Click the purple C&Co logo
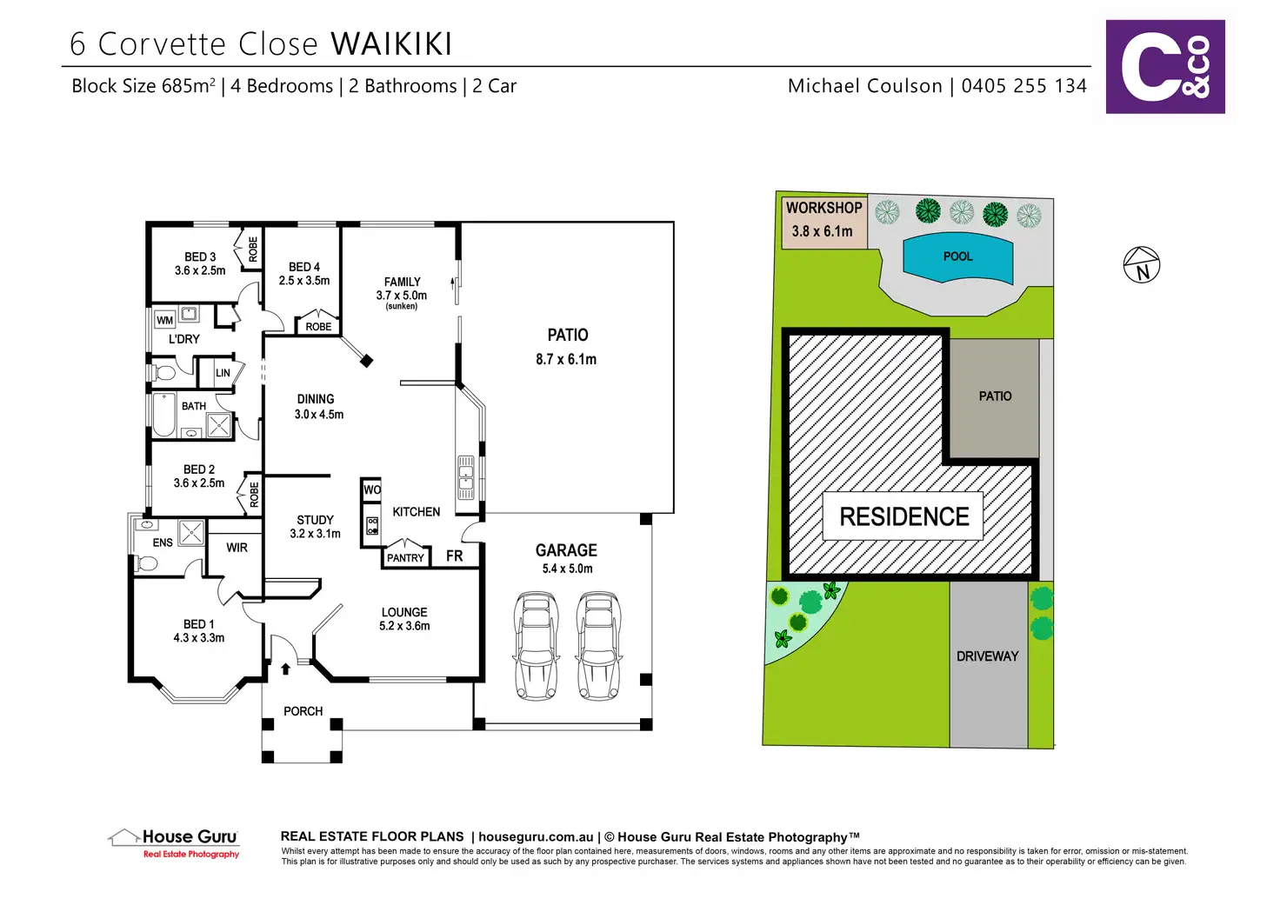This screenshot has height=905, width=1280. coord(1164,67)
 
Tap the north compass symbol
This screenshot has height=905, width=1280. coord(1142,264)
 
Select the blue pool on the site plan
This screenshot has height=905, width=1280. coord(957,258)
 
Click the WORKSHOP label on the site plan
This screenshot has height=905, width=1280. coord(823,208)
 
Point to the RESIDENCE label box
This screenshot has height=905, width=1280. coord(903,516)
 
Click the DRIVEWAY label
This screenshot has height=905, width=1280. coord(987,656)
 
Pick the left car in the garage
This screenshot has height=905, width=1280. coord(536,644)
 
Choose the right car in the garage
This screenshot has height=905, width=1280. coord(597,644)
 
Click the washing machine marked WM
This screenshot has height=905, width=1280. coord(164,320)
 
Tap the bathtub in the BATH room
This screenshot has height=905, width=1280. coord(164,416)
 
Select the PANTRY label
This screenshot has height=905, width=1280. coord(405,558)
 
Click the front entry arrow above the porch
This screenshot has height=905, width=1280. coord(285,669)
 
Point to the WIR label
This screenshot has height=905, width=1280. coord(237,548)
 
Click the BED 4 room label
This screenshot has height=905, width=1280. coord(304,267)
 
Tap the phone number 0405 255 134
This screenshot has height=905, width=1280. coord(1023,86)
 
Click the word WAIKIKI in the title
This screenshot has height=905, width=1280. coord(391,44)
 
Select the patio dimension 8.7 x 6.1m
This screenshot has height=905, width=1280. coord(566,359)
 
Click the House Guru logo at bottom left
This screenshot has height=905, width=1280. coord(175,842)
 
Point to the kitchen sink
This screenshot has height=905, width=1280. coord(466,478)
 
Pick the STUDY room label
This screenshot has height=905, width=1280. coord(315,520)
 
